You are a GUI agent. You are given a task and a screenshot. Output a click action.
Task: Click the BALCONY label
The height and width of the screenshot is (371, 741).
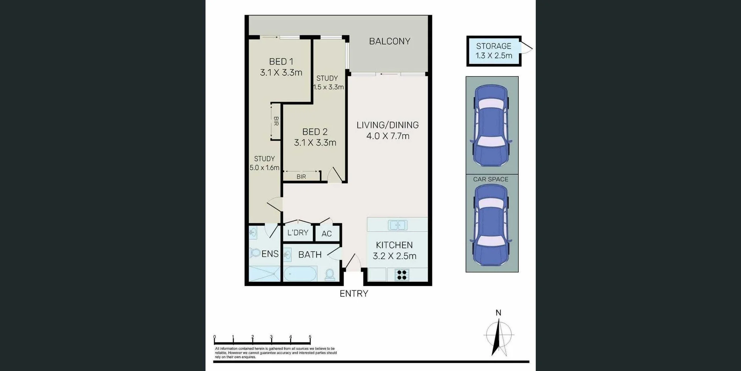pos(389,41)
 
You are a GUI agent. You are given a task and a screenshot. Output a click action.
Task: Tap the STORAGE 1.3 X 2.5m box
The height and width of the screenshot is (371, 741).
pos(494,51)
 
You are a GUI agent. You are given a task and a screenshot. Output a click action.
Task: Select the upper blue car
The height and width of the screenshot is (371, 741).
pos(491,125)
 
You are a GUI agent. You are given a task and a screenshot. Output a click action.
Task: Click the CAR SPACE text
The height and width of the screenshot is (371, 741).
pos(491,179)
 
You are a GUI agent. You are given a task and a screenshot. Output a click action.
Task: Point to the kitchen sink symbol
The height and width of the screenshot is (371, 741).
pos(398,225)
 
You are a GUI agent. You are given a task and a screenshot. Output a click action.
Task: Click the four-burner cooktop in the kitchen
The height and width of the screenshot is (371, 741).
pos(402,275)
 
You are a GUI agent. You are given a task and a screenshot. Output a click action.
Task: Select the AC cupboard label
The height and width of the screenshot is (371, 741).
pos(327,234)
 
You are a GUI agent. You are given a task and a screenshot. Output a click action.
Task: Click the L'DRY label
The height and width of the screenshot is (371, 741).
pos(298,233)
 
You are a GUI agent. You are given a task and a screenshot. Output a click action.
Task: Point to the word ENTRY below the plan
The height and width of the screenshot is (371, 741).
pos(354,294)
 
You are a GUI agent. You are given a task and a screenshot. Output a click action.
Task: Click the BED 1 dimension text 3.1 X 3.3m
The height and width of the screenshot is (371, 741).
pos(281,73)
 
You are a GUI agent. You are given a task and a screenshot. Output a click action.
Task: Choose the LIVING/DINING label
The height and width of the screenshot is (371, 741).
pos(387,125)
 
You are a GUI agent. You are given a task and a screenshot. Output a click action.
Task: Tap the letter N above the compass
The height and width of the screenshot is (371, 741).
pos(498,313)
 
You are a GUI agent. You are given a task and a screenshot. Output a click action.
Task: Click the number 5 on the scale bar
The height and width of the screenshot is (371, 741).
pos(310,337)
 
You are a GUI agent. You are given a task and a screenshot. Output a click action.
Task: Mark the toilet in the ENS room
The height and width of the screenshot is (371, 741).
pos(255,253)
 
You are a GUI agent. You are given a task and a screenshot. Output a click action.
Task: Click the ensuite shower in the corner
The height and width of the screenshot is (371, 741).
pos(264,274)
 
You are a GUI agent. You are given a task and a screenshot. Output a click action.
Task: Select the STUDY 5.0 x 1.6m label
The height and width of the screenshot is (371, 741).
pos(264,163)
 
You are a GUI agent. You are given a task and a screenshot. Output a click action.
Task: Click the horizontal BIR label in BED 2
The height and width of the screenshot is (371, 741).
pos(301,177)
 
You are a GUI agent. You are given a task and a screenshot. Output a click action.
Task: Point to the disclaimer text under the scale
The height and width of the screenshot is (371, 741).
pos(276,353)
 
